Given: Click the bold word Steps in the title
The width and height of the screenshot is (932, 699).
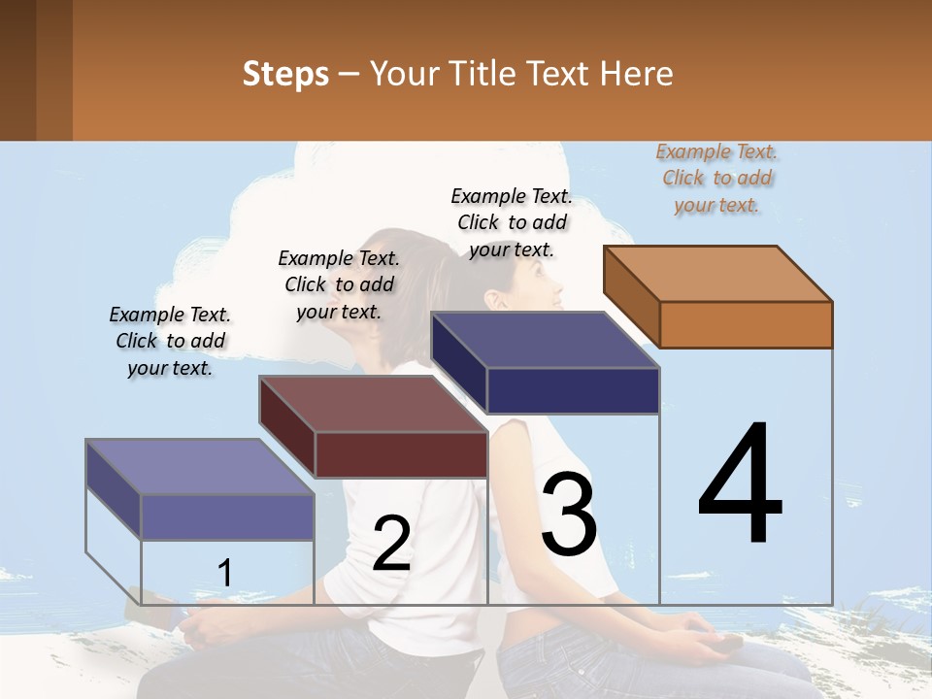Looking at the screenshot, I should click(285, 74).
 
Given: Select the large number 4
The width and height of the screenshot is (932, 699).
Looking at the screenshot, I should click(740, 485).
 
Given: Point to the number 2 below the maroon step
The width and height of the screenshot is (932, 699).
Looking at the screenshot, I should click(391, 545).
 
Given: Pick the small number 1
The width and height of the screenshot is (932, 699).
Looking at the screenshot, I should click(225, 574).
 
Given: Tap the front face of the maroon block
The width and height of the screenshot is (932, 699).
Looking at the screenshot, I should click(401, 454).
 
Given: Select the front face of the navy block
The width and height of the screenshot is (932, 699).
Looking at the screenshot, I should click(573, 390).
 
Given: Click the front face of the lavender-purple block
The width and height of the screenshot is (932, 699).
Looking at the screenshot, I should click(227, 516).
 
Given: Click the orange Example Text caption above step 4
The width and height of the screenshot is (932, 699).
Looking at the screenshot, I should click(716, 178).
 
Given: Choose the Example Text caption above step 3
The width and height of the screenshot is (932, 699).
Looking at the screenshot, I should click(512, 222).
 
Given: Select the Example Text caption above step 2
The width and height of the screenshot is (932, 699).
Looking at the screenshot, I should click(339, 284).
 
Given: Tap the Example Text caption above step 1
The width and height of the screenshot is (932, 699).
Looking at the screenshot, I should click(170, 341).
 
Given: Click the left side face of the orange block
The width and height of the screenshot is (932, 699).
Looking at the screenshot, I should click(631, 296).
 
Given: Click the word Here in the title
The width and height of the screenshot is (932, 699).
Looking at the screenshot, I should click(638, 74).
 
